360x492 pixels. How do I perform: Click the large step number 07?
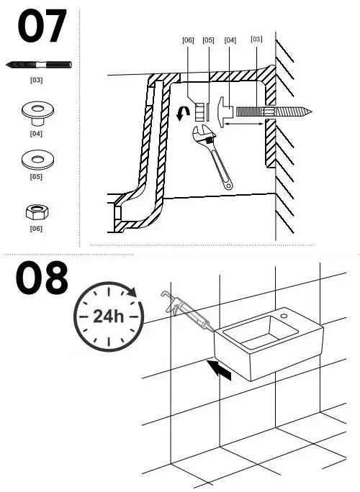42,26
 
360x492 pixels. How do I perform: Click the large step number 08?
42,278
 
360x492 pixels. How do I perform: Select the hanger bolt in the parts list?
39,65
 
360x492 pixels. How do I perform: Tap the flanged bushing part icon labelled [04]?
37,114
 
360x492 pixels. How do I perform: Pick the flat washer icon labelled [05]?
37,160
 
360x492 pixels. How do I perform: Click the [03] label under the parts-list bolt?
36,80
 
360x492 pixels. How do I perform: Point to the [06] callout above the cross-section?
188,40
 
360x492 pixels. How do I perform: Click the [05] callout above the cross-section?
208,40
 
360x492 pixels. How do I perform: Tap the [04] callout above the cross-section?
230,40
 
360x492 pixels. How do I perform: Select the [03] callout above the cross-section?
256,40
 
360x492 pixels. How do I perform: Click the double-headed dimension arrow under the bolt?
244,124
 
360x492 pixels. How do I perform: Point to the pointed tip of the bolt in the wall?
312,111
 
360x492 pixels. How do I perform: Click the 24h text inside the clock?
109,316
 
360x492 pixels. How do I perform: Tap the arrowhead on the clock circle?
132,292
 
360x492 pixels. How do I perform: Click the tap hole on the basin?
284,316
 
